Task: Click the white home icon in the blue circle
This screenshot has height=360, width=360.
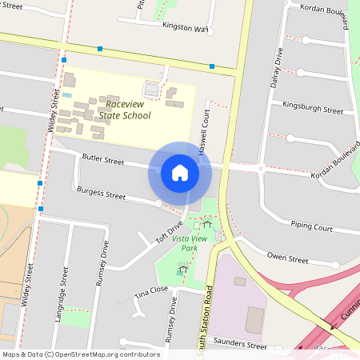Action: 180,173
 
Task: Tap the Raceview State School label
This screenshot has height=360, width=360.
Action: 127,110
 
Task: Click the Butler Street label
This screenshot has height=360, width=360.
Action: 102,161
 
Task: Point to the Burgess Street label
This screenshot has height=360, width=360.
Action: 100,194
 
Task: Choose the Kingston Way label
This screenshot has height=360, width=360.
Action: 185,27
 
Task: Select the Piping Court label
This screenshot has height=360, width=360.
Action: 311,227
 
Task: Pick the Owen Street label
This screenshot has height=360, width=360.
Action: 287,259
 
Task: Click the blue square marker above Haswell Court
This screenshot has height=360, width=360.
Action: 212,66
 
